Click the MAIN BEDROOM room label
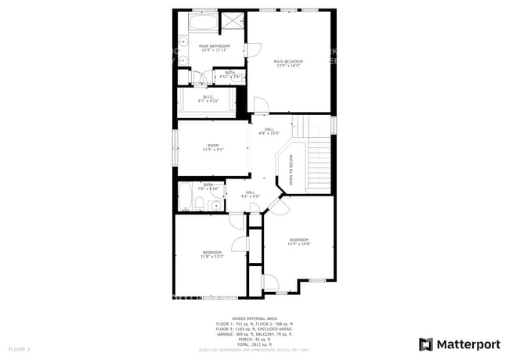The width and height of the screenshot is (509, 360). (x=288, y=63)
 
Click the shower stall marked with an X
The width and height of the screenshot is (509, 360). (x=233, y=20)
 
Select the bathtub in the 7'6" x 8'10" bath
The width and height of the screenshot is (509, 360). (x=185, y=197)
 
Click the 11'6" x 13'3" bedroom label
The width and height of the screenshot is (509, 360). (x=212, y=254)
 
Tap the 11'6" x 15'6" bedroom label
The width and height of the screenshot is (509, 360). (x=299, y=241)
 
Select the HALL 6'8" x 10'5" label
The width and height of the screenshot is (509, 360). (x=269, y=131)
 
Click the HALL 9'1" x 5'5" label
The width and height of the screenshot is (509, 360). (x=251, y=194)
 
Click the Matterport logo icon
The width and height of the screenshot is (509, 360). (x=426, y=344)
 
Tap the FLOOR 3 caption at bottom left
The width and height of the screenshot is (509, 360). (x=19, y=348)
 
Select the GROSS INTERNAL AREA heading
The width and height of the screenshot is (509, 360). (x=254, y=319)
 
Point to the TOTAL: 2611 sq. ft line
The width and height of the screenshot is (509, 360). (x=254, y=344)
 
